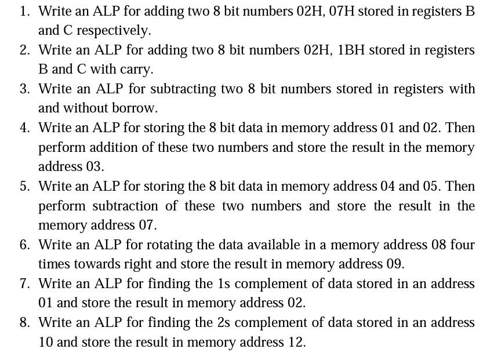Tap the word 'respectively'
(x=113, y=30)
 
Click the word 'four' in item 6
(x=462, y=245)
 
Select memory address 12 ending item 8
(x=296, y=342)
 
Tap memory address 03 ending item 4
(x=95, y=166)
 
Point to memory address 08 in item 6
(x=439, y=245)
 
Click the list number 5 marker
(x=24, y=186)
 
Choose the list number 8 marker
(x=24, y=322)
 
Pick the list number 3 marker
(x=24, y=89)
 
